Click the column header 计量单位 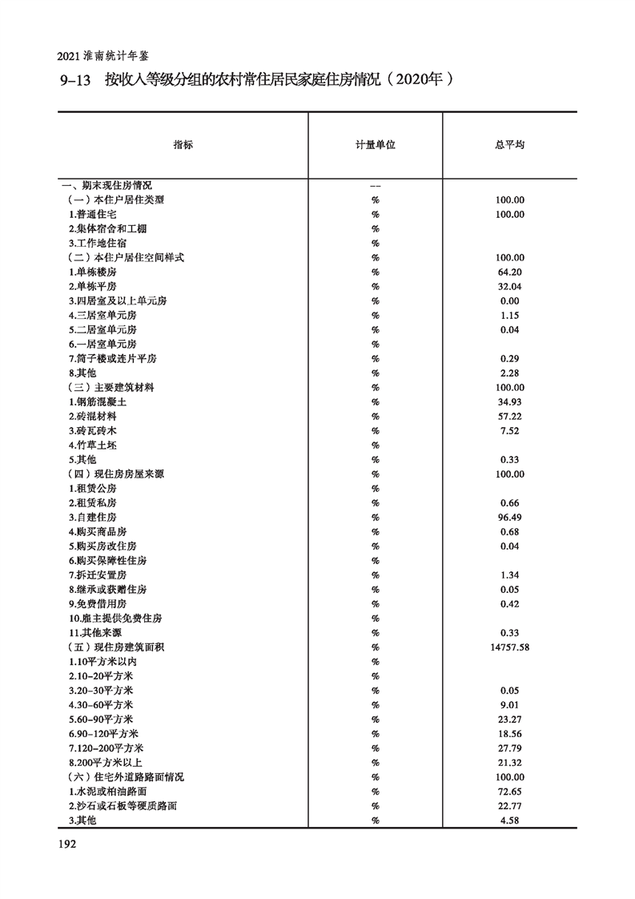coord(375,146)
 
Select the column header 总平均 coord(509,146)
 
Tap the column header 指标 coord(183,146)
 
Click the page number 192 coord(66,844)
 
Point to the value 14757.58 coord(509,647)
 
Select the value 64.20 coord(509,272)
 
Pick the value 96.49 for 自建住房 coord(509,518)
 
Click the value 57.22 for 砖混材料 coord(509,417)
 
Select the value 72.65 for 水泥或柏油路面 coord(509,792)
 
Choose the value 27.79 coord(509,748)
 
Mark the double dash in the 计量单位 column coord(375,186)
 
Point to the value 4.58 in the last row coord(509,820)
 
